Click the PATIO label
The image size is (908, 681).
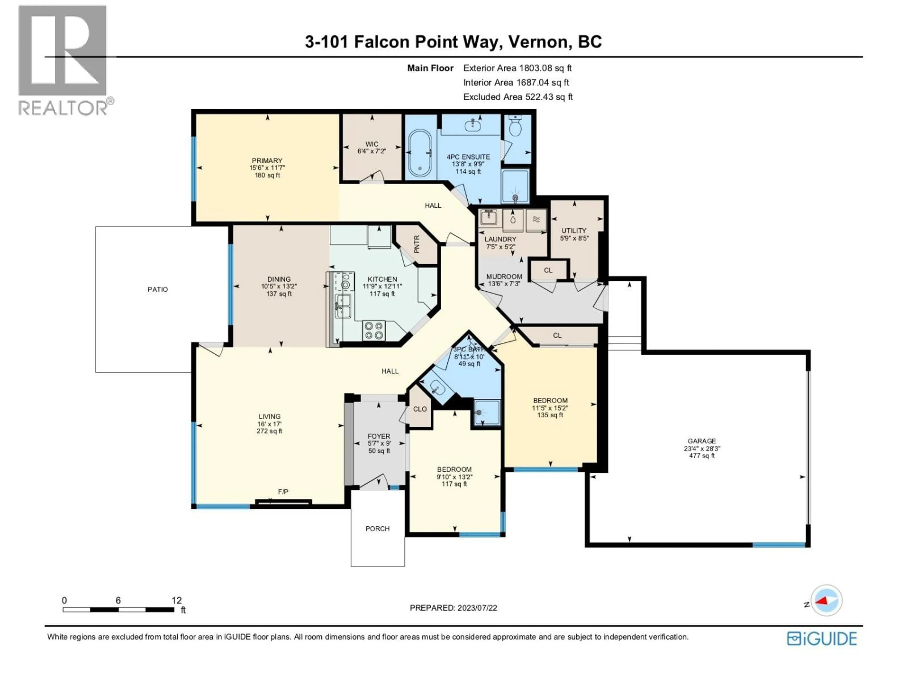[x=158, y=289]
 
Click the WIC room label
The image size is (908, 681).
[x=372, y=144]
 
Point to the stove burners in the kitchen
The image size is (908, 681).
[x=374, y=331]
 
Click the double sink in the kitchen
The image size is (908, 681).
[x=343, y=306]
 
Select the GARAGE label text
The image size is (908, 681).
[x=702, y=441]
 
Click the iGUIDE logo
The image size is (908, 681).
[x=822, y=639]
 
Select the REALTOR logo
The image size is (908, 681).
[x=64, y=61]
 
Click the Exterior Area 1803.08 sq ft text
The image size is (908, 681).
[x=517, y=68]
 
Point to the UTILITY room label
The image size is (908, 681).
[x=574, y=231]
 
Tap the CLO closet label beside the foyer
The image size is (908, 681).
[x=420, y=409]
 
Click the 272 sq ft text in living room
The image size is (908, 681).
[x=269, y=431]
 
